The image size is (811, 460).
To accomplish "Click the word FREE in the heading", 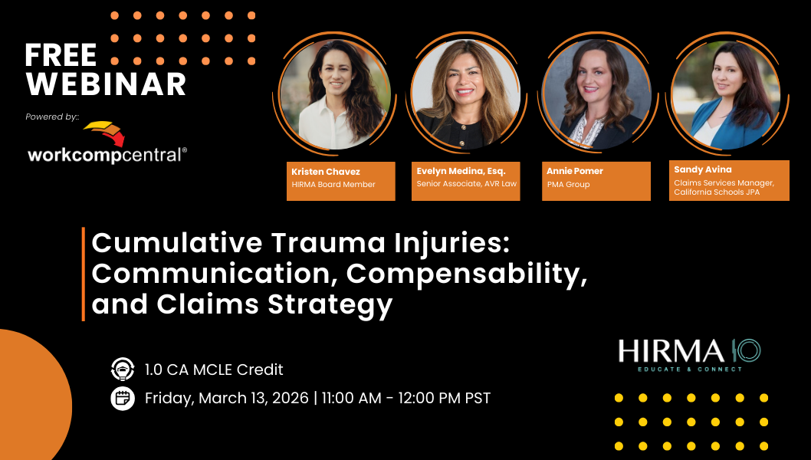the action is [61, 55].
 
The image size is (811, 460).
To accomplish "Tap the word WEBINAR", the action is [106, 84].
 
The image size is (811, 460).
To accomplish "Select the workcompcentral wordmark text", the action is [107, 155].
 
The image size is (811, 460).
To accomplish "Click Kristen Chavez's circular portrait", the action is [335, 94].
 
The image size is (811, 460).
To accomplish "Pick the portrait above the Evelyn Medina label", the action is [466, 94].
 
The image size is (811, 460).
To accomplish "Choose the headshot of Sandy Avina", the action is [727, 94].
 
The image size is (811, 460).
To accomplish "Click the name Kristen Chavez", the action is [325, 172].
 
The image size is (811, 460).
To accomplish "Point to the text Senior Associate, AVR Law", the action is [467, 184].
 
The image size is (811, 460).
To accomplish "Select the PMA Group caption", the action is [568, 184].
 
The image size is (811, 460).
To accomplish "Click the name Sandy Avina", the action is [702, 169].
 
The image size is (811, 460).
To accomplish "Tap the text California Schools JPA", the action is [717, 192].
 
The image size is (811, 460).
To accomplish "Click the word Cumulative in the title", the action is [177, 243].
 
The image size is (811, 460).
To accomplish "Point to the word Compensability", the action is [467, 274].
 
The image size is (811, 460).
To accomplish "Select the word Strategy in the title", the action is [330, 305].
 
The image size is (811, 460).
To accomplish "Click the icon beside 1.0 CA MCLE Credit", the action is [123, 370].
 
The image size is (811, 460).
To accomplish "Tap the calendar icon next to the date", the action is [123, 398].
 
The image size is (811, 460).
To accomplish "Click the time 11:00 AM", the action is [351, 398].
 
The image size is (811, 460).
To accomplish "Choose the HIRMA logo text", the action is [671, 351].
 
